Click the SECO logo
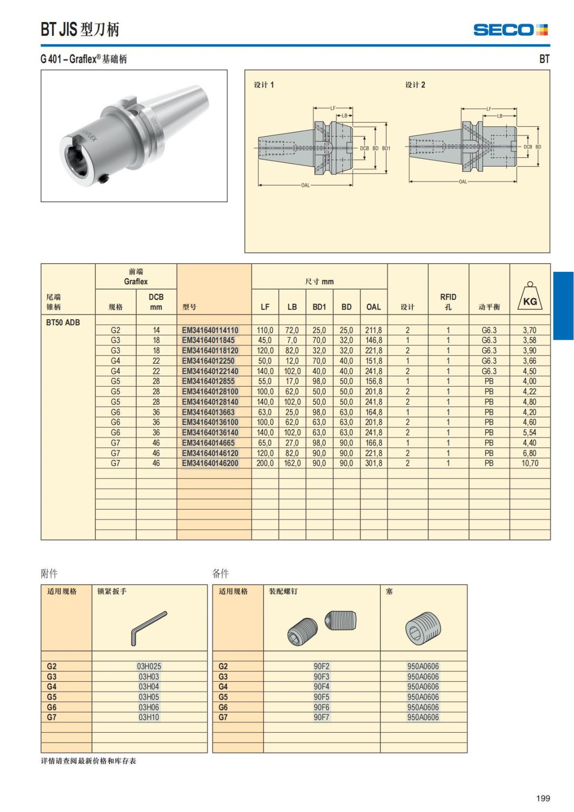coord(510,30)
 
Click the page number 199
coord(543,798)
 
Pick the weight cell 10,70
coord(530,463)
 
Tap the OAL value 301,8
coord(374,463)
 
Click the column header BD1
coord(319,307)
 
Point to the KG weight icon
coord(530,296)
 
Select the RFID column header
coord(448,301)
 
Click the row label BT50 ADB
coord(63,322)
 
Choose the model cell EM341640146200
coord(210,463)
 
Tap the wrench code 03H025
coord(149,666)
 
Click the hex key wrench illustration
coord(149,627)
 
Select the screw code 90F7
coord(321,717)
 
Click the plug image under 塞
coord(423,628)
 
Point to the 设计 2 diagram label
coord(415,85)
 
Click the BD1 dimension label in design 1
coord(386,148)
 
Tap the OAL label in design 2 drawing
coord(463,182)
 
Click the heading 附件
coord(49,573)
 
